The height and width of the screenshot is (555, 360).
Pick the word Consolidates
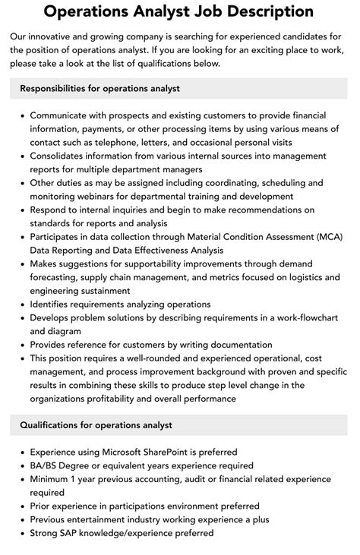pos(62,156)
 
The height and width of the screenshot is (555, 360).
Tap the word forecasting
pos(56,277)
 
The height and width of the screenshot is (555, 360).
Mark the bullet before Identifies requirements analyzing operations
pos(22,304)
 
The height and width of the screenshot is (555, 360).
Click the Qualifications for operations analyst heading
pos(96,425)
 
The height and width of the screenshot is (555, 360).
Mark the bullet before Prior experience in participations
pos(22,506)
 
